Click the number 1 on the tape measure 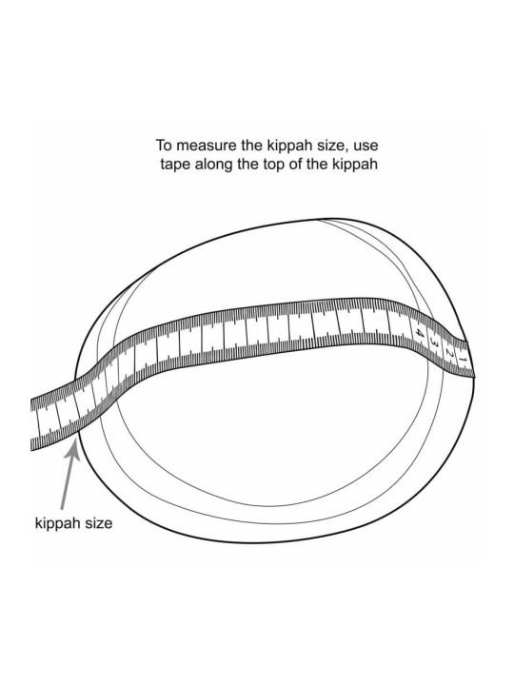click(x=464, y=360)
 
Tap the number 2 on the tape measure click(x=449, y=353)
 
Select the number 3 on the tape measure click(x=434, y=342)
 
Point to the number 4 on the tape click(x=419, y=333)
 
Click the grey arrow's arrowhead click(x=72, y=449)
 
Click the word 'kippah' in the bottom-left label click(x=55, y=523)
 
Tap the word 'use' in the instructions click(x=366, y=147)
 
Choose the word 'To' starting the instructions click(x=164, y=145)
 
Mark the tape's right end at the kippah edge click(x=470, y=359)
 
